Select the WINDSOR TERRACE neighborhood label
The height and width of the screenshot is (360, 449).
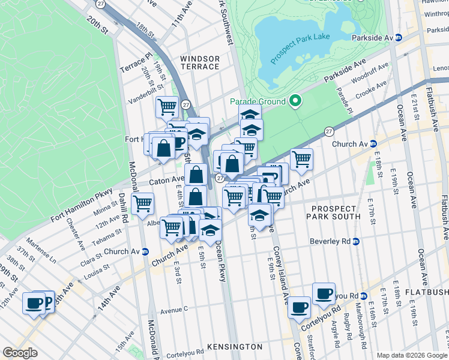tap(200, 62)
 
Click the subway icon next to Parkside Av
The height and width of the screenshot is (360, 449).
tap(397, 38)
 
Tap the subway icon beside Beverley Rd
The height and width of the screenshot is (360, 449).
tap(355, 242)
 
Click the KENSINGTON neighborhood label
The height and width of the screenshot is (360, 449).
tap(234, 347)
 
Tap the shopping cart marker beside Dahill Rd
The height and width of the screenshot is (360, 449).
tap(142, 203)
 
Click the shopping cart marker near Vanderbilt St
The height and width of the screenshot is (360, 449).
tap(167, 107)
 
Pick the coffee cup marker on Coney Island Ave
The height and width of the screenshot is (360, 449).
tap(299, 307)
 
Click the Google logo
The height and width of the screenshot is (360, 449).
tap(20, 353)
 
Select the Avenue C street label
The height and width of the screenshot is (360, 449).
tap(175, 310)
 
